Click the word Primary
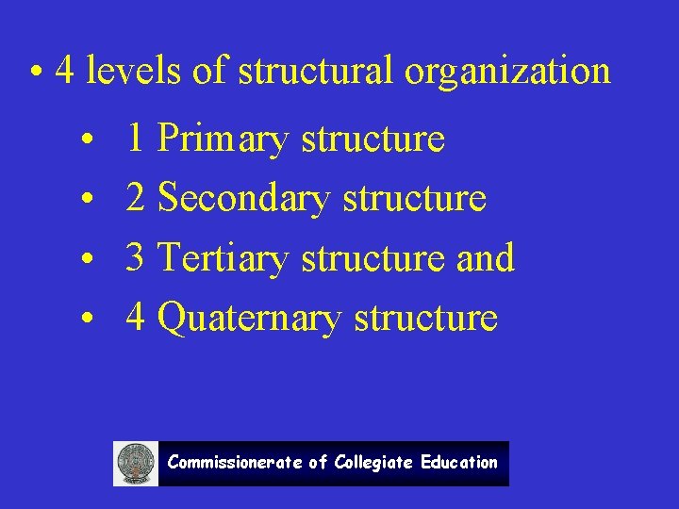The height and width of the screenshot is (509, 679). [x=222, y=140]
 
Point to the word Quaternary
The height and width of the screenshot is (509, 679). [x=249, y=318]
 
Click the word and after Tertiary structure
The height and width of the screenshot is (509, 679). [x=485, y=257]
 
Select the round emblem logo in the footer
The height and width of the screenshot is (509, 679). [x=136, y=464]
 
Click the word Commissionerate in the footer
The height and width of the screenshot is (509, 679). [x=235, y=463]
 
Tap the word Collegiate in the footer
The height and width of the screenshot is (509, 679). [x=373, y=463]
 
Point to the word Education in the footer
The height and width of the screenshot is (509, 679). [x=459, y=463]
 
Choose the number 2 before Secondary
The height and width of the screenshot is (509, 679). [x=135, y=199]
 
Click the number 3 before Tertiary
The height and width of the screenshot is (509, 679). [x=135, y=257]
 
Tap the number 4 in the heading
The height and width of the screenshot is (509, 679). [x=65, y=71]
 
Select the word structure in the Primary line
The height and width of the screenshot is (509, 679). [x=373, y=140]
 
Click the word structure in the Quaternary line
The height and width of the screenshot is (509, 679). [x=425, y=318]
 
